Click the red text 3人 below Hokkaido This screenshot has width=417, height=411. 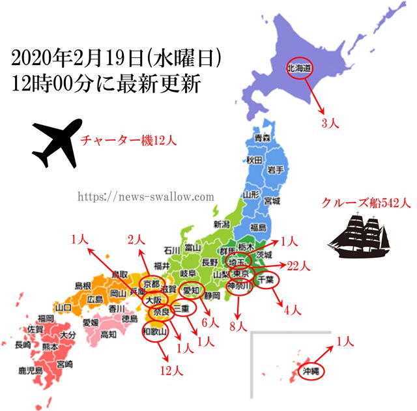(329, 121)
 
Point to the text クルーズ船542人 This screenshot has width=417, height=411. (366, 203)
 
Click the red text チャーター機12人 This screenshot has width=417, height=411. (128, 140)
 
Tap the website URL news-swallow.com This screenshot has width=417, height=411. (146, 196)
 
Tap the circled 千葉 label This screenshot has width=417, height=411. (265, 279)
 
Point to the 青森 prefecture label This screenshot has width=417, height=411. (262, 139)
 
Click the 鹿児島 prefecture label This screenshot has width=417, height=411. (31, 371)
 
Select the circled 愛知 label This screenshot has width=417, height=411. (192, 290)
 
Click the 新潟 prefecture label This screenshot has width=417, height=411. (222, 224)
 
